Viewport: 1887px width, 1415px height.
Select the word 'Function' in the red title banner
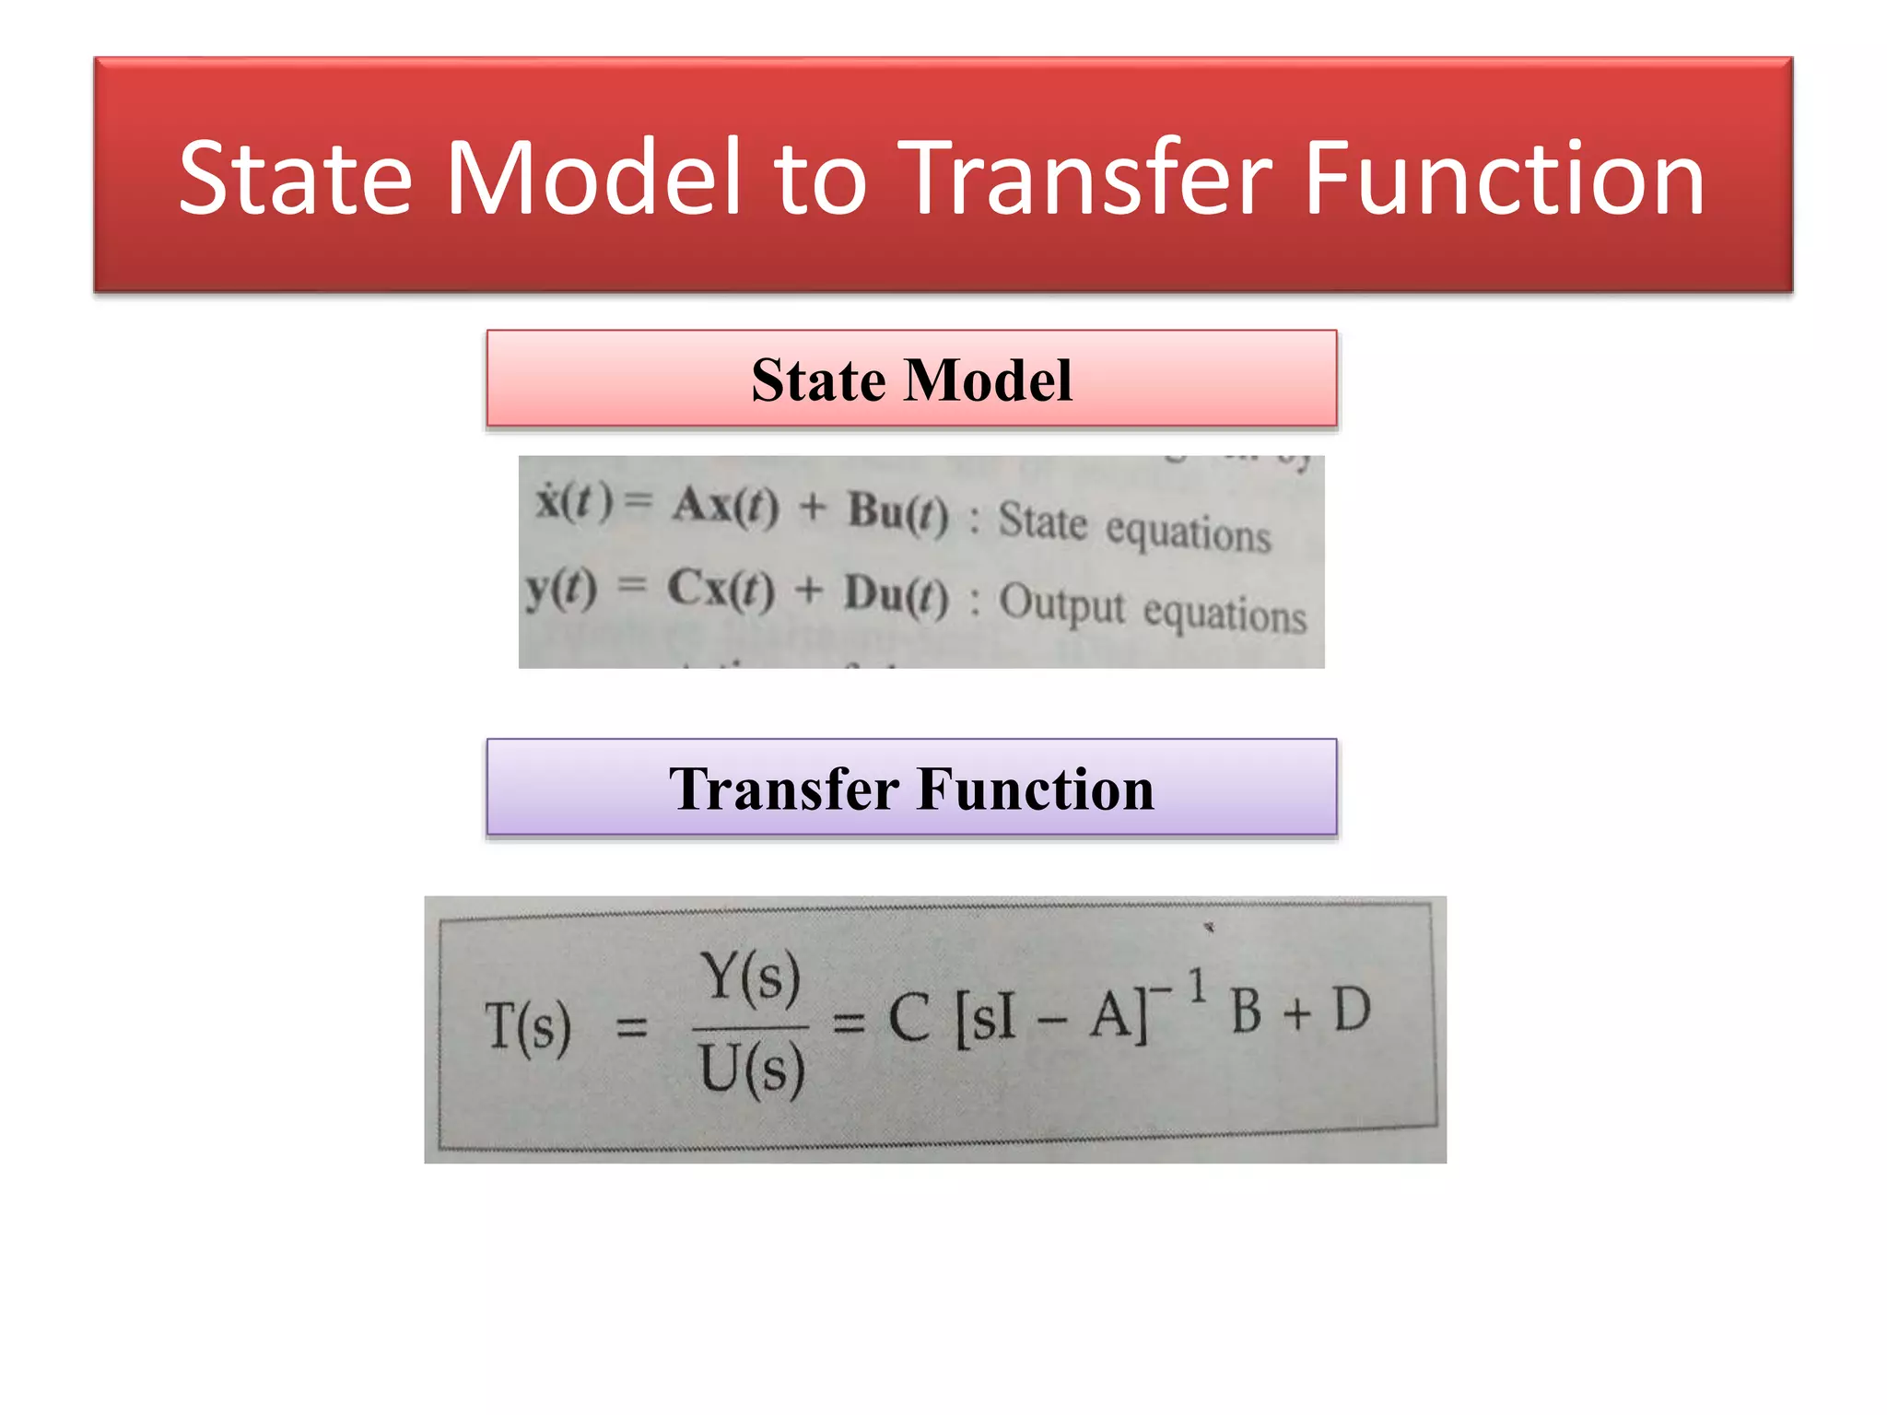tap(1504, 178)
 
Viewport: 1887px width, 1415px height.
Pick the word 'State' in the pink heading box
tap(815, 380)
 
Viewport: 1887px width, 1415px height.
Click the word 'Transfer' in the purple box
tap(783, 789)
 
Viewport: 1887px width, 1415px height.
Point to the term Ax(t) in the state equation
tap(725, 506)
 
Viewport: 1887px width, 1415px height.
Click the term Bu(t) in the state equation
tap(897, 512)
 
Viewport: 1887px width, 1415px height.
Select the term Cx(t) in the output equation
tap(721, 589)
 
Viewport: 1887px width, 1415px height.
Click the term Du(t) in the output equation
tap(896, 595)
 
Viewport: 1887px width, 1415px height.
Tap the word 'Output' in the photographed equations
tap(1061, 603)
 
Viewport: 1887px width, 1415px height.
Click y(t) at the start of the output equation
tap(561, 588)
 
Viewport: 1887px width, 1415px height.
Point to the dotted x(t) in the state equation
tap(574, 502)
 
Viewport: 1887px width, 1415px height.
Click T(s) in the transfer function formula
tap(529, 1026)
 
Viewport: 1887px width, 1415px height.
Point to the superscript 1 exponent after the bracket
tap(1197, 986)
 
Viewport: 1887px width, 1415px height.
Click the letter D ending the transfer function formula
tap(1352, 1010)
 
